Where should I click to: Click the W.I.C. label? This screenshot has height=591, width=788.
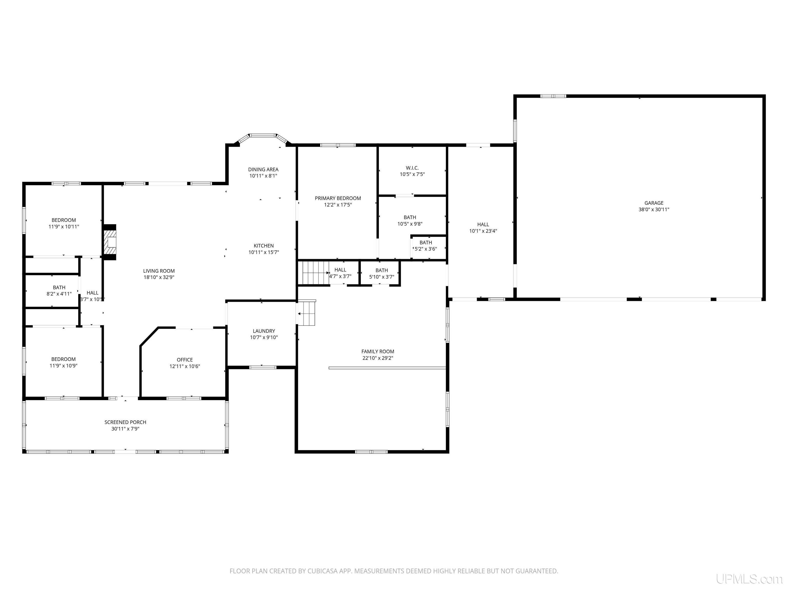pos(412,168)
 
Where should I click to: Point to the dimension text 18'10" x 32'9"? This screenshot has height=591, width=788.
pos(159,277)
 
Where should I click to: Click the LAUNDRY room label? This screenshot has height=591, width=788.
pos(264,331)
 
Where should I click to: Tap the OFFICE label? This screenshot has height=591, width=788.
pos(184,360)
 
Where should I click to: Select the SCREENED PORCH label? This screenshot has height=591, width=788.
pos(125,422)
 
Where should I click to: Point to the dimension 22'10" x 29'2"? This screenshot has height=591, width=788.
pos(378,358)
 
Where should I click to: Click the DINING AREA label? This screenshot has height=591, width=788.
pos(263,170)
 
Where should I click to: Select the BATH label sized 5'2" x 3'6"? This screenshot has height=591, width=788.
pos(426,243)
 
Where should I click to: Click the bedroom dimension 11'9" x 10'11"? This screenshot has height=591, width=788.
pos(64,226)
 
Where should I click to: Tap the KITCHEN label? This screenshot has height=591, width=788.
pos(264,246)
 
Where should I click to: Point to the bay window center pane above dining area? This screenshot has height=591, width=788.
pos(263,135)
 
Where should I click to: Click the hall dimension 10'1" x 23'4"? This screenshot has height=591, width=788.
pos(483,231)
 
